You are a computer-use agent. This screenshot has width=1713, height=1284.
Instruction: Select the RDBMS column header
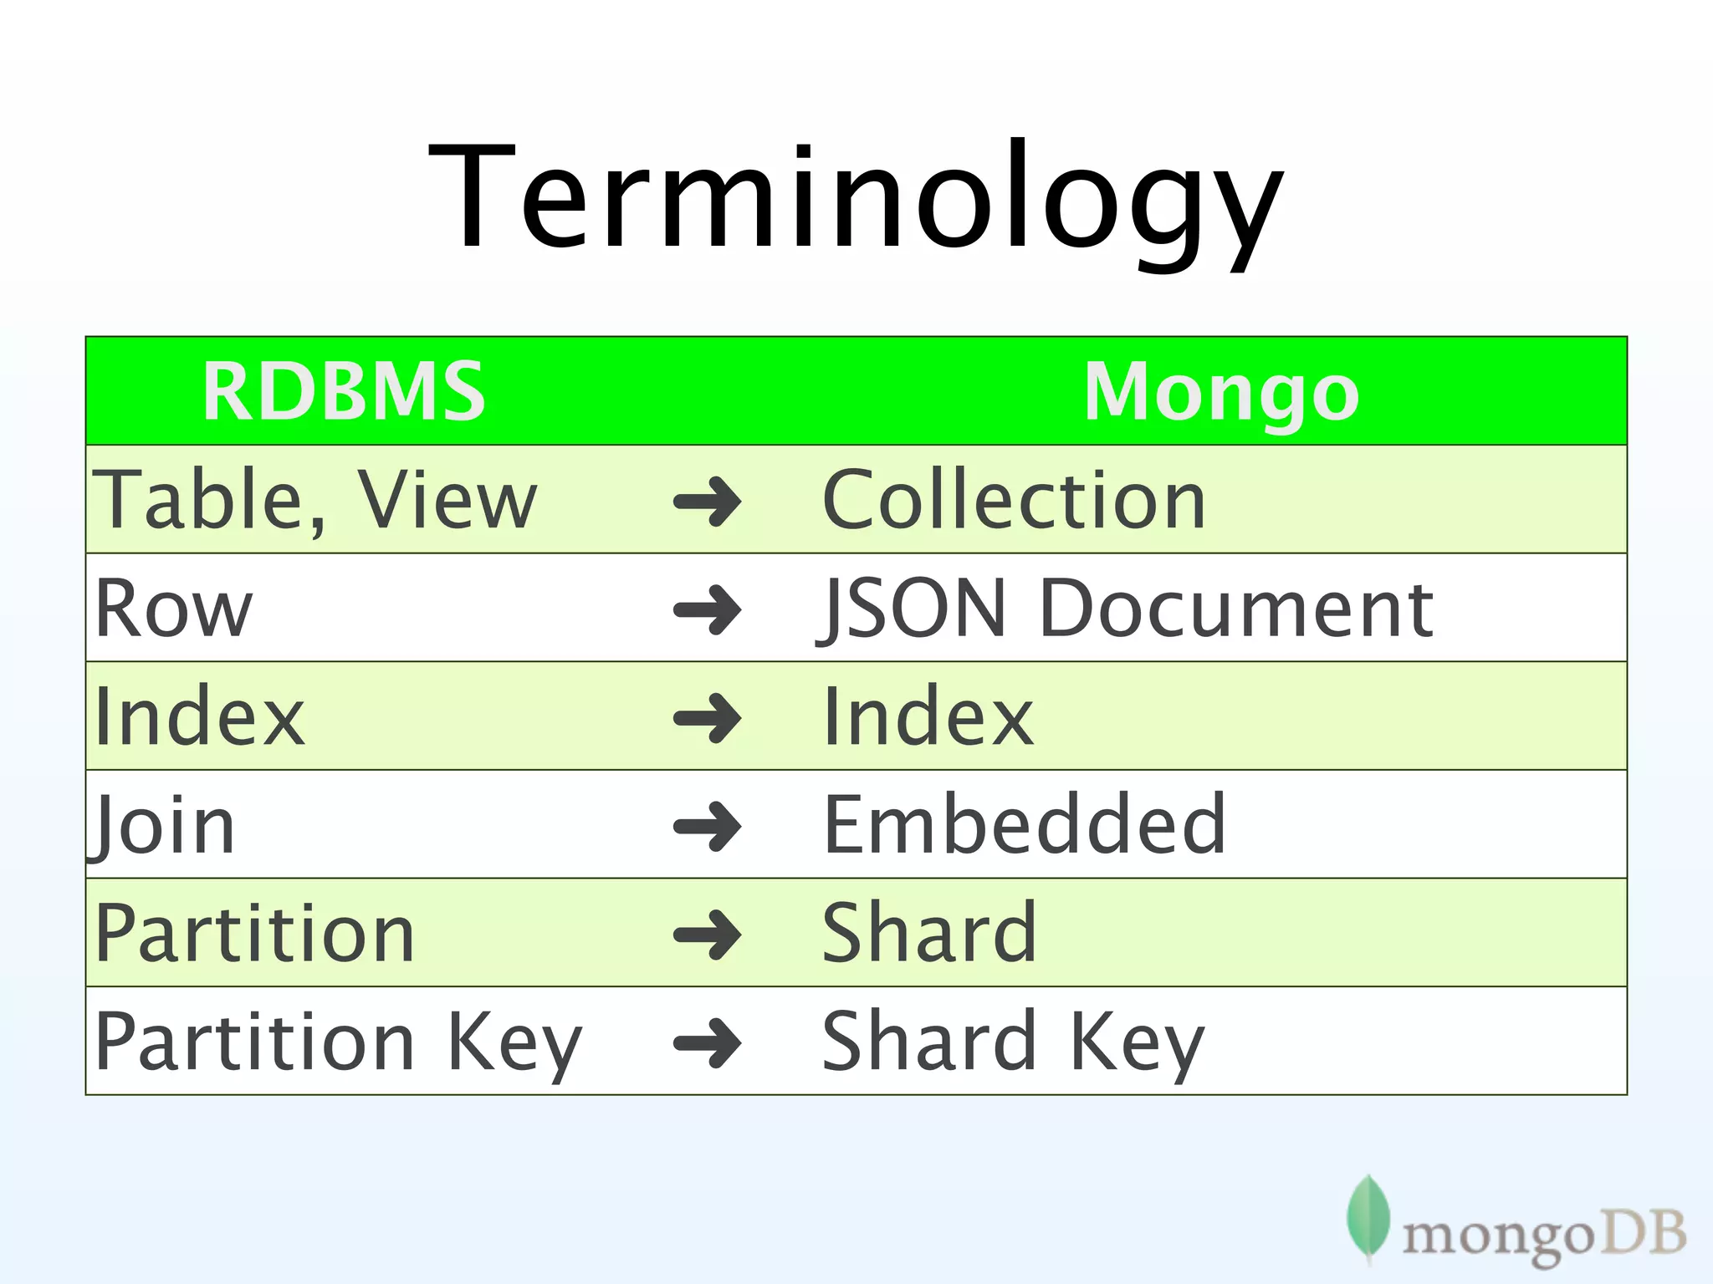pos(343,391)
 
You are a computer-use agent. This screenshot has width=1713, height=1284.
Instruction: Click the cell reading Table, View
pos(314,500)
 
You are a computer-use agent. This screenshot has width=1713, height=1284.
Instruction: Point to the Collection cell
pos(1014,500)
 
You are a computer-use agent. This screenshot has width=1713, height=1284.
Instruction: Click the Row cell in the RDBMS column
pos(174,609)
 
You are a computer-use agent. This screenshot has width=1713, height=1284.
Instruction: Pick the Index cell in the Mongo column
pos(928,716)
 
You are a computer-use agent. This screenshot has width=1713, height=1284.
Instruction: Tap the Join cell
pos(164,825)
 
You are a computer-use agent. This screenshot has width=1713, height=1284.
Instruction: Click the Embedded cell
pos(1024,825)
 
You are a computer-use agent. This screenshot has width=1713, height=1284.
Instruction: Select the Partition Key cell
pos(338,1042)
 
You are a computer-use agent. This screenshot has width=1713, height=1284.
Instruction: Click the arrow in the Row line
pos(708,609)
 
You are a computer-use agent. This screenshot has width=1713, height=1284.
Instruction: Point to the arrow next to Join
pos(708,826)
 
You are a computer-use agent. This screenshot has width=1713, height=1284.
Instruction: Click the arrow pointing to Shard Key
pos(708,1042)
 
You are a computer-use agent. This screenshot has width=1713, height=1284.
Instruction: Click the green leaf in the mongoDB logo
pos(1368,1217)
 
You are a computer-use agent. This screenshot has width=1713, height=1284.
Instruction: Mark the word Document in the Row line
pos(1236,609)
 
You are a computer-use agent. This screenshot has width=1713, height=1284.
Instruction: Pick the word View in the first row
pos(447,500)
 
